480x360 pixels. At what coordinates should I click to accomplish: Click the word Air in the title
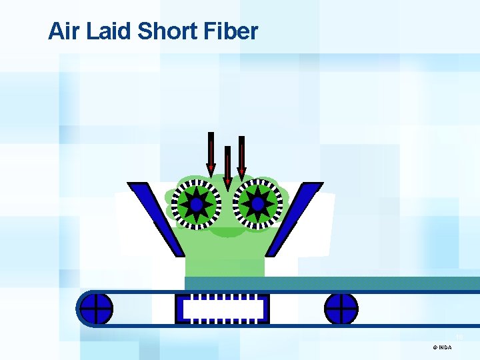64,31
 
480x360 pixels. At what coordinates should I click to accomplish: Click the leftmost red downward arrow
211,153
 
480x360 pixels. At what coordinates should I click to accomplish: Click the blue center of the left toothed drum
197,204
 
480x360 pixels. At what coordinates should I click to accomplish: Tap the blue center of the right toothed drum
257,204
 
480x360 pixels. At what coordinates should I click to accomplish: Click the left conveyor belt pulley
96,309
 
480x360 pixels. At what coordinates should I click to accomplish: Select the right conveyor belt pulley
341,309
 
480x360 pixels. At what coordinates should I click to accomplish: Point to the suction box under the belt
222,309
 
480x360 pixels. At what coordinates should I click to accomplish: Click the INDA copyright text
445,347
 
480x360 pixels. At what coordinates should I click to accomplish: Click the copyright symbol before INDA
435,347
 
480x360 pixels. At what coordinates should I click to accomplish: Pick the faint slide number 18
459,337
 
